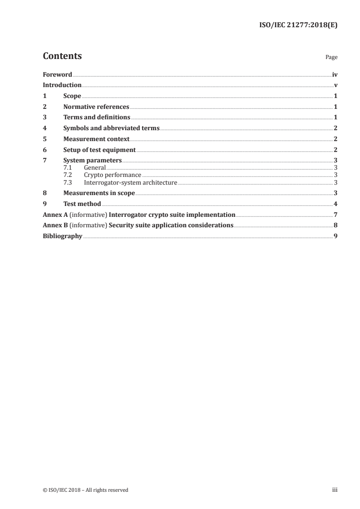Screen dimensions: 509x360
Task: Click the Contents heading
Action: pyautogui.click(x=62, y=56)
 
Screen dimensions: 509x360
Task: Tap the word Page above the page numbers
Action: pyautogui.click(x=331, y=58)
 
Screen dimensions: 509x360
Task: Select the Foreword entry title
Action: pyautogui.click(x=57, y=74)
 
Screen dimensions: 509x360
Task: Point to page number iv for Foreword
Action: pyautogui.click(x=335, y=74)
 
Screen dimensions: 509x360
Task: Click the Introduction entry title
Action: pyautogui.click(x=62, y=85)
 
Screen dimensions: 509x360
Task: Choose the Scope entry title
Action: pyautogui.click(x=72, y=96)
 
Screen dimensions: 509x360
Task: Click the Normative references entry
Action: pyautogui.click(x=96, y=107)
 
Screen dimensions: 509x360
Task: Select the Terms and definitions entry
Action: pyautogui.click(x=97, y=117)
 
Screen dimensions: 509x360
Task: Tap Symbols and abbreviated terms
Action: pyautogui.click(x=111, y=128)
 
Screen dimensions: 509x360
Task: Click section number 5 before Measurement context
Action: pyautogui.click(x=44, y=139)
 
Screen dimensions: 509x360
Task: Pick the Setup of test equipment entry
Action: pyautogui.click(x=99, y=150)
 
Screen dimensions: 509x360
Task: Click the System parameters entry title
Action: pyautogui.click(x=93, y=161)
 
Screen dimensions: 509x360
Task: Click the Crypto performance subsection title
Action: pyautogui.click(x=113, y=175)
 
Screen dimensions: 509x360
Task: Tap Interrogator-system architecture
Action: pyautogui.click(x=130, y=182)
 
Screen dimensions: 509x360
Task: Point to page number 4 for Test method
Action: pyautogui.click(x=335, y=204)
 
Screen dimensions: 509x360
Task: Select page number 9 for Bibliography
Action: pyautogui.click(x=335, y=236)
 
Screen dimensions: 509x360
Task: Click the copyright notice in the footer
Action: pyautogui.click(x=86, y=490)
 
